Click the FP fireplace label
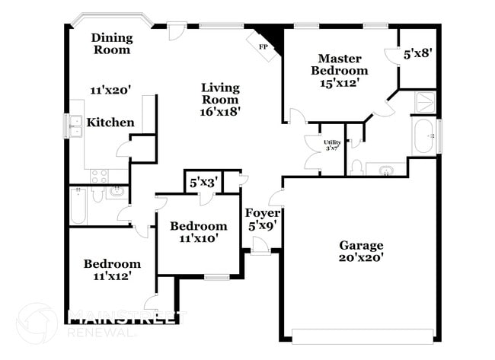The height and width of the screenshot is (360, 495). point(263,47)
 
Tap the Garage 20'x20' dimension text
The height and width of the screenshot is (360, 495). point(361,258)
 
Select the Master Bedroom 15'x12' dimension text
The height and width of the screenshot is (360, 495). point(340,83)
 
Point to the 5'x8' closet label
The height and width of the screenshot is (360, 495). point(417,53)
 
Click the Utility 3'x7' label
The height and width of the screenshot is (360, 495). point(332,145)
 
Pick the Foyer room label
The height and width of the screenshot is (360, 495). point(262,212)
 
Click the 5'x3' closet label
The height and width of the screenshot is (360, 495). point(203,183)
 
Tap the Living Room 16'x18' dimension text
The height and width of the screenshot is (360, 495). point(220,111)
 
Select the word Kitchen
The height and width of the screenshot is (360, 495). point(110,122)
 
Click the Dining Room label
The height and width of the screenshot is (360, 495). point(112,43)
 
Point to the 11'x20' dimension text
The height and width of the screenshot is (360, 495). point(110,91)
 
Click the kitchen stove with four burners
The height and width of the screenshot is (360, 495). point(100,176)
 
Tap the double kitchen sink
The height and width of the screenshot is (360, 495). point(76,126)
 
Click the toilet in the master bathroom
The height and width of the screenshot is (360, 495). point(356,167)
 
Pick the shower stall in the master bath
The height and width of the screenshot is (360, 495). point(425,102)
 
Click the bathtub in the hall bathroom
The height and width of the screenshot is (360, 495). point(78,205)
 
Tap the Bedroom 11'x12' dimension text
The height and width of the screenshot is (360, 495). point(112,276)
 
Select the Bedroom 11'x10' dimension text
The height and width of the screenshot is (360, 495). point(199,238)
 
